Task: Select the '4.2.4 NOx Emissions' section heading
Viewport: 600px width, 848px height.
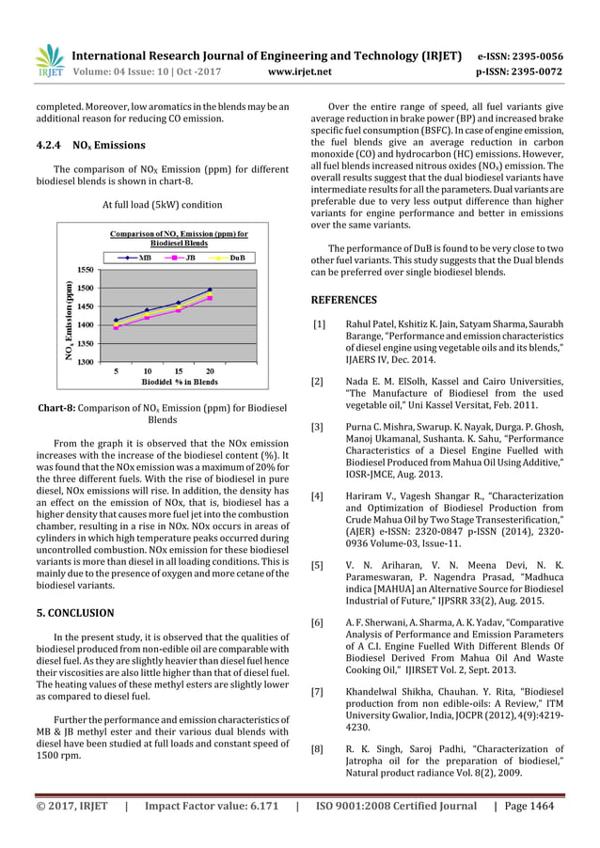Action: pos(87,146)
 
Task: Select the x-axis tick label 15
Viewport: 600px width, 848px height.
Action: pos(178,371)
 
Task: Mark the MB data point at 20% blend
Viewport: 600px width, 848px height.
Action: pos(210,290)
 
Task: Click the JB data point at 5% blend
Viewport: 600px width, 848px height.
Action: pos(116,328)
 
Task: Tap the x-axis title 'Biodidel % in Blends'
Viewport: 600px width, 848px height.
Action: pos(161,384)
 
